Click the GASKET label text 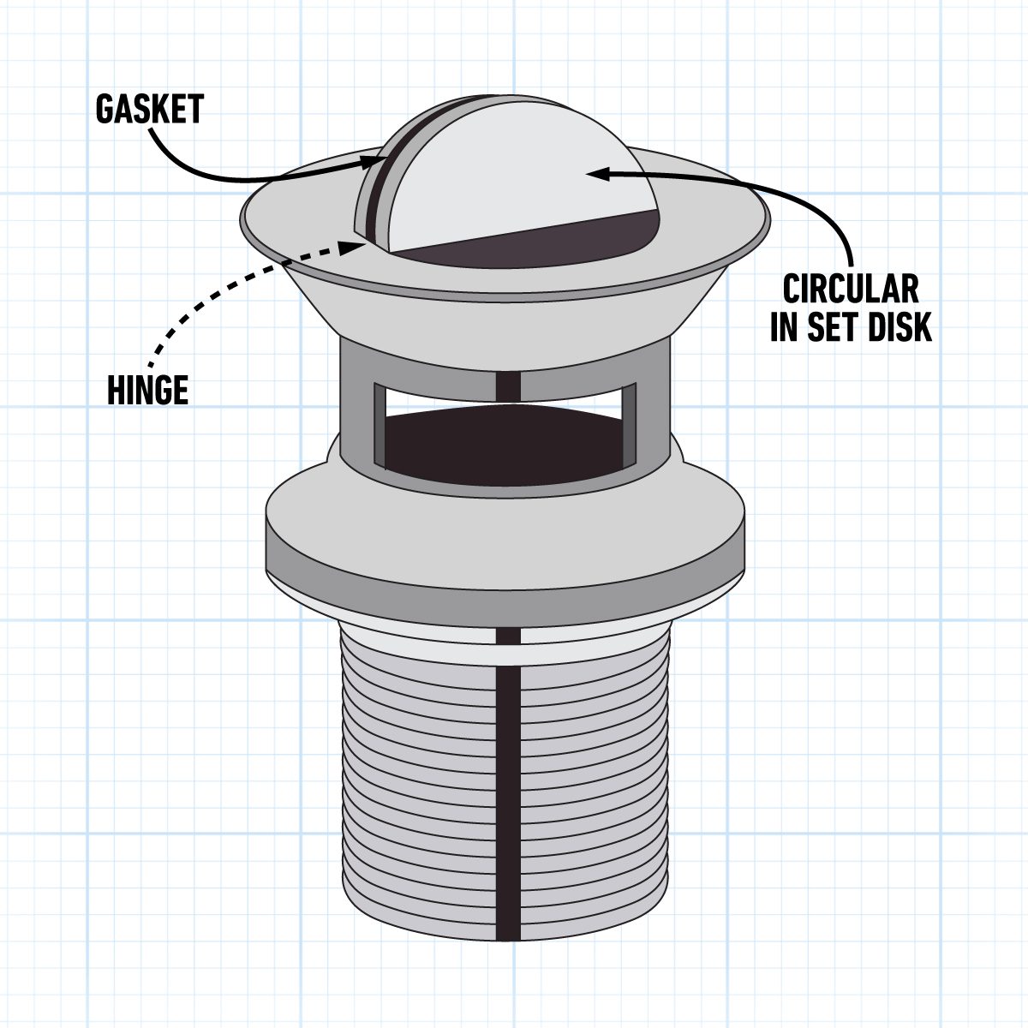(149, 110)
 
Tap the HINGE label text (147, 391)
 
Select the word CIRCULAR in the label (850, 290)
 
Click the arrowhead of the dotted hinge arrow (354, 245)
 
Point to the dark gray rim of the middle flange (505, 574)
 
